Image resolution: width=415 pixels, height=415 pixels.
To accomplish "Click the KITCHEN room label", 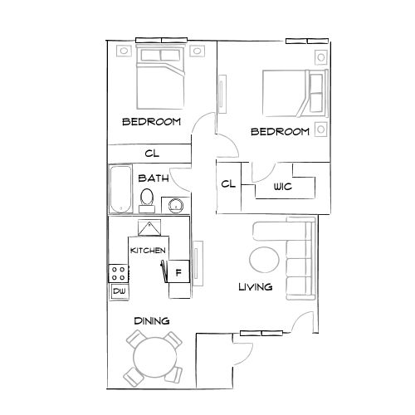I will [x=148, y=251].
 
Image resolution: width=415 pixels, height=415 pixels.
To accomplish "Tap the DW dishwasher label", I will [x=119, y=291].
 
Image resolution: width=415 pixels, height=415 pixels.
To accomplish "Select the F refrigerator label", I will [x=177, y=271].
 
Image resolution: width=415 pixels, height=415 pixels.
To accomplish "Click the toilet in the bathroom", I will [x=147, y=198].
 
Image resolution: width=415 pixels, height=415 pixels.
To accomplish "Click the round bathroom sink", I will [x=174, y=205].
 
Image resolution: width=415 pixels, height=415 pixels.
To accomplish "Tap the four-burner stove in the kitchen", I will [x=119, y=272].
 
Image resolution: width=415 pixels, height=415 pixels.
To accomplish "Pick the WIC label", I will [x=283, y=187].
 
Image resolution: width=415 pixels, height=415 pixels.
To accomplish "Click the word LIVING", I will [x=255, y=288].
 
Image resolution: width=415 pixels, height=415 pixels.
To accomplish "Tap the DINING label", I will [x=151, y=320].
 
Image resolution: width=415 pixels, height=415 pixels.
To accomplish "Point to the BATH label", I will [x=154, y=178].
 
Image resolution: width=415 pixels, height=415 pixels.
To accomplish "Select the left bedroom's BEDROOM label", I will [x=151, y=122].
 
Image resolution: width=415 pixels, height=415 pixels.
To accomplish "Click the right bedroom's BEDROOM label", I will [x=280, y=132].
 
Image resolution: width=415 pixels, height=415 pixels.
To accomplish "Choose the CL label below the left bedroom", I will [x=152, y=153].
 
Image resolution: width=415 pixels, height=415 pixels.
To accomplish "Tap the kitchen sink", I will [x=149, y=228].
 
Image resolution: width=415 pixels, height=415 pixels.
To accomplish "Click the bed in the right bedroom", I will [x=290, y=93].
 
